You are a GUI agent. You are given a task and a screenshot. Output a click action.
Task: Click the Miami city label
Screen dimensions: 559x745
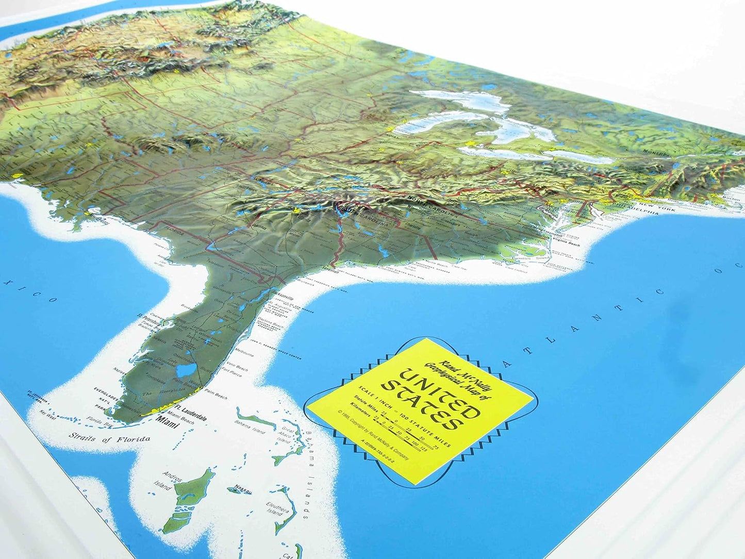165,426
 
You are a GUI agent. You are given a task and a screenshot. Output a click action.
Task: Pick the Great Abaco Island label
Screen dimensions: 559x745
285,434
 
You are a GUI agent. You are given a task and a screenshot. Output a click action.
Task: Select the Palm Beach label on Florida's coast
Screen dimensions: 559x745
217,397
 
